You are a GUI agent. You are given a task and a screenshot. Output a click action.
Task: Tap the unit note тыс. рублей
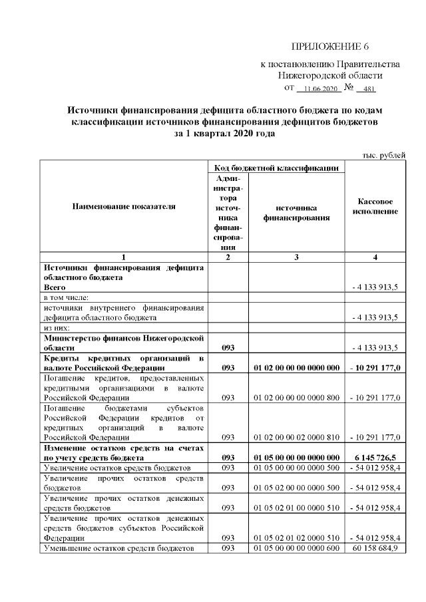coord(383,155)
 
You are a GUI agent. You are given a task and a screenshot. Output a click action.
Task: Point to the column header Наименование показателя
coord(124,206)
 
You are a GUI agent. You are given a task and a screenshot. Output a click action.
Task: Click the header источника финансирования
coord(297,212)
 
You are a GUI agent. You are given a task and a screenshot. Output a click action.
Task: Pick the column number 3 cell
coord(297,257)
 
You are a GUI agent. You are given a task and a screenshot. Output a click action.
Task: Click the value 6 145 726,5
coord(375,458)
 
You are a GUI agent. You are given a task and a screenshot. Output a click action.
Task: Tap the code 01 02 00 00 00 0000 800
coord(297,397)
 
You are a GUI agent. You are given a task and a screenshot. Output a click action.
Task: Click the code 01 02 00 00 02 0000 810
coord(297,437)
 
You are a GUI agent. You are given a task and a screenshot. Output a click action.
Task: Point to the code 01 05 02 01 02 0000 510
coord(297,537)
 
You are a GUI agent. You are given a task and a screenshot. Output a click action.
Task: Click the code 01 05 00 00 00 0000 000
coord(297,458)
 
